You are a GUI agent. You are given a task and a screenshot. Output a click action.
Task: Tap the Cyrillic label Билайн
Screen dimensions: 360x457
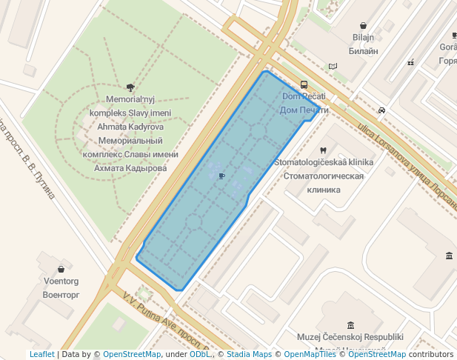pyautogui.click(x=361, y=51)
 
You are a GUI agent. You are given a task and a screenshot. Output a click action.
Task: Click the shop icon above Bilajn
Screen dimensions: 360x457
pyautogui.click(x=362, y=25)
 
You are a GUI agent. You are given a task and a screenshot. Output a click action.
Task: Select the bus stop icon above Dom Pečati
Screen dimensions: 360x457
pyautogui.click(x=304, y=84)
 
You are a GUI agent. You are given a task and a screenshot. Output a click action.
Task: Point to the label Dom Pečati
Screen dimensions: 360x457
pyautogui.click(x=304, y=96)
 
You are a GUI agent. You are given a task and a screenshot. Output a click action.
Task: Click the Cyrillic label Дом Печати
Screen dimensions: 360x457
pyautogui.click(x=304, y=110)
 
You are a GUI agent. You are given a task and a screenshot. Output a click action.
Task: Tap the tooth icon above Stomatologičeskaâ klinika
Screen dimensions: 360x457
pyautogui.click(x=323, y=151)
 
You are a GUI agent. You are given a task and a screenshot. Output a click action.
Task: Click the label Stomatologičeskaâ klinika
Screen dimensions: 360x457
pyautogui.click(x=324, y=162)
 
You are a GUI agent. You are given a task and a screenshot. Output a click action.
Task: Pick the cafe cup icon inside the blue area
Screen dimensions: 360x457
pyautogui.click(x=221, y=176)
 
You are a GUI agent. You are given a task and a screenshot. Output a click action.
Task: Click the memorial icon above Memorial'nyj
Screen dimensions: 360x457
pyautogui.click(x=130, y=87)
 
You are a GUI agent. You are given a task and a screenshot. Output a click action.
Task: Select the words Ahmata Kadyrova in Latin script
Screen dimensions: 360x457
pyautogui.click(x=130, y=127)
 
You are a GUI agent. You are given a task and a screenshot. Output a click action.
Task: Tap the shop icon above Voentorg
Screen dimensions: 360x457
pyautogui.click(x=60, y=269)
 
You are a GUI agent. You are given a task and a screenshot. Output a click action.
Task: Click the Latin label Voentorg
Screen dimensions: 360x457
pyautogui.click(x=61, y=281)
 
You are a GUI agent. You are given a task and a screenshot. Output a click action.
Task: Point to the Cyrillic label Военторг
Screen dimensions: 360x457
pyautogui.click(x=61, y=295)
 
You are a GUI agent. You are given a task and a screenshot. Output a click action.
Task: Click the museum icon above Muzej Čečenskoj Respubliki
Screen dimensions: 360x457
pyautogui.click(x=350, y=324)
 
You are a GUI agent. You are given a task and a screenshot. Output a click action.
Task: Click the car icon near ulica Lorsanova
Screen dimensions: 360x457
pyautogui.click(x=381, y=110)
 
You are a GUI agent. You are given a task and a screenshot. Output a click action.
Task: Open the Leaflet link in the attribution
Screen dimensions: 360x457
pyautogui.click(x=41, y=354)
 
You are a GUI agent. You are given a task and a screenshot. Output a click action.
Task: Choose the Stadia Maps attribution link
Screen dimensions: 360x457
pyautogui.click(x=249, y=354)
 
